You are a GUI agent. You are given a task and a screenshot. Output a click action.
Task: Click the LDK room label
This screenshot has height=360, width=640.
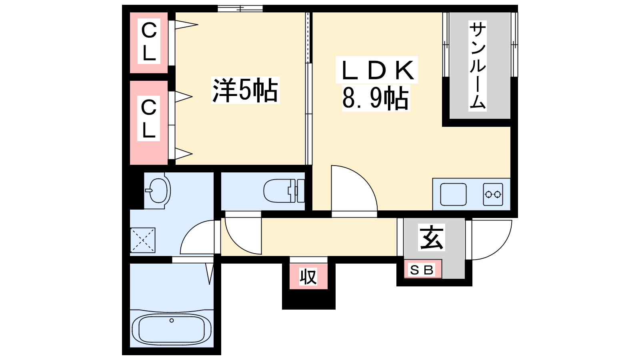376,70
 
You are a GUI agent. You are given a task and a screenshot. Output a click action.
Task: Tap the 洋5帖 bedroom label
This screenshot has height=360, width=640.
245,90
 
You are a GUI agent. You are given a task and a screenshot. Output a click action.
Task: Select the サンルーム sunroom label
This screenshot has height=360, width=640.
478,66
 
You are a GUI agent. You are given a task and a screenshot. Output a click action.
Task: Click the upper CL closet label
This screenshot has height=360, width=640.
149,42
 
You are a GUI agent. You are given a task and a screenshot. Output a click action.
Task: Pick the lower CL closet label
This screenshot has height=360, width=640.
148,118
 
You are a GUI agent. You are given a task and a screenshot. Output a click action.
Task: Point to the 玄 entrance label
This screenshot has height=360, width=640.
432,238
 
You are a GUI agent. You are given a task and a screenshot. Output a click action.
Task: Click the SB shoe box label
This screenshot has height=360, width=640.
422,270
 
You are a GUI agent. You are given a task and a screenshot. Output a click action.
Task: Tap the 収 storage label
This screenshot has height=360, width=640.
308,276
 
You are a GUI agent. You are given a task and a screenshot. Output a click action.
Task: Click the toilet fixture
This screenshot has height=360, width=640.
284,190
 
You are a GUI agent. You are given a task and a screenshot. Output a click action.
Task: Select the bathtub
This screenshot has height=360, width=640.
172,329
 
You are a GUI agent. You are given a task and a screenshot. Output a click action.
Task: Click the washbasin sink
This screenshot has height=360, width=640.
158,190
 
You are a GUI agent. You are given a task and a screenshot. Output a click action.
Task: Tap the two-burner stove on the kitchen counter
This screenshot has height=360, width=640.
493,194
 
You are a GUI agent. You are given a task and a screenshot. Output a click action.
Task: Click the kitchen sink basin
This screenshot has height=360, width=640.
453,194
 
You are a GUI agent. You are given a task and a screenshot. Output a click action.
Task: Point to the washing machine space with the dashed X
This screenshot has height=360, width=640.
142,240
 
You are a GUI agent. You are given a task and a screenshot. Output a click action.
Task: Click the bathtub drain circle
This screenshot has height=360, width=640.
172,320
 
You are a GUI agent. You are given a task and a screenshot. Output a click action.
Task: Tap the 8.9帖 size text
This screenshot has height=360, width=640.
376,98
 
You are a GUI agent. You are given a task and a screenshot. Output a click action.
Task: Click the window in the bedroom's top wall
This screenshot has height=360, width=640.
240,8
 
